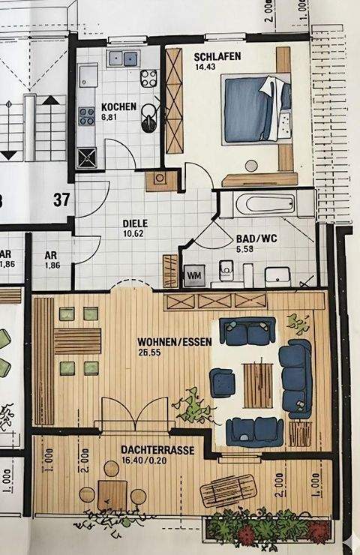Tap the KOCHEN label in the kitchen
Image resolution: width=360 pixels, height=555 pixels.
[x=118, y=107]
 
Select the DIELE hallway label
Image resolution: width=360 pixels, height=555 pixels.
[x=135, y=223]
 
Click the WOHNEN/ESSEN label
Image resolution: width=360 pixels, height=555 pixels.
[x=174, y=341]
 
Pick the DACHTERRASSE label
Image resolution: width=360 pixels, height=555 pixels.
[x=157, y=450]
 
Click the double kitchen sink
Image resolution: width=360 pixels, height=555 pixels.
[x=124, y=58]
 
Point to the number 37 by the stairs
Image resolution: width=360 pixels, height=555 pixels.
[x=61, y=199]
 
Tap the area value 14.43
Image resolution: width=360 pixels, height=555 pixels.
[x=205, y=68]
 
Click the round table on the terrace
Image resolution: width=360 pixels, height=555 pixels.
[x=112, y=493]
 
